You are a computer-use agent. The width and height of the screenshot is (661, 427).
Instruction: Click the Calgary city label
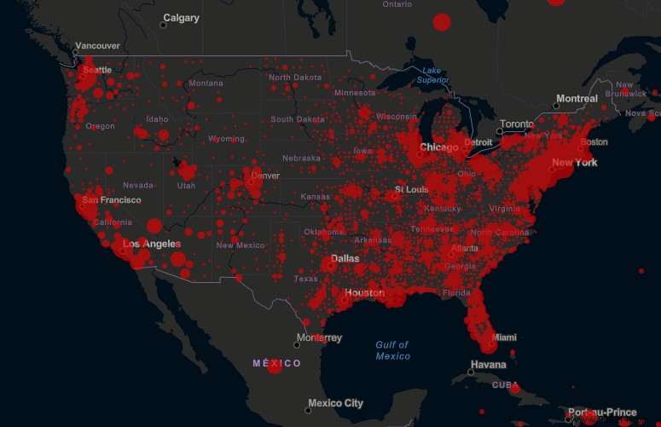(x=181, y=18)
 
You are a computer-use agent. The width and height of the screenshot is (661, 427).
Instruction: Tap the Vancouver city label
(x=98, y=46)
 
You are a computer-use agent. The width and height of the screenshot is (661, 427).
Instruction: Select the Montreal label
(x=577, y=99)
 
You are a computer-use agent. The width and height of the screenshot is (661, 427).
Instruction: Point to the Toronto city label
(x=516, y=124)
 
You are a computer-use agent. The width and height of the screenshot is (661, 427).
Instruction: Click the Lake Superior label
(x=432, y=75)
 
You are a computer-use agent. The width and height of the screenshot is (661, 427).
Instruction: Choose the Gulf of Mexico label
(x=392, y=349)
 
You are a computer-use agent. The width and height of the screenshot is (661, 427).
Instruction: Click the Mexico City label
(x=335, y=403)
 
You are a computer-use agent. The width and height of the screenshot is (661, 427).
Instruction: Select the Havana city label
(x=489, y=365)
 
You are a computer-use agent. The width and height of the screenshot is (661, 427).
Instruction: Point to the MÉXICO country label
(x=276, y=363)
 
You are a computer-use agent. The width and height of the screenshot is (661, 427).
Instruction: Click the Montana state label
(x=206, y=84)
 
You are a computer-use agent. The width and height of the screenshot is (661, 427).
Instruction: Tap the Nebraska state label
(x=301, y=159)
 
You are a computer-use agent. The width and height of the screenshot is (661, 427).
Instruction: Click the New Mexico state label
(x=241, y=245)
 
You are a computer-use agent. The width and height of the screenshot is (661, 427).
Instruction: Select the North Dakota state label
(x=295, y=78)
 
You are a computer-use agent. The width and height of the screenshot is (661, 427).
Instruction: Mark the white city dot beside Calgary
(x=163, y=26)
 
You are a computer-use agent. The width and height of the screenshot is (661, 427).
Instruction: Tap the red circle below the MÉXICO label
(x=275, y=367)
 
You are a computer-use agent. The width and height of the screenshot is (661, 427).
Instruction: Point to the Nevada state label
(x=138, y=185)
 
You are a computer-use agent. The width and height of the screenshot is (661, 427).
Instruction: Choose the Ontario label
(x=397, y=4)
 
